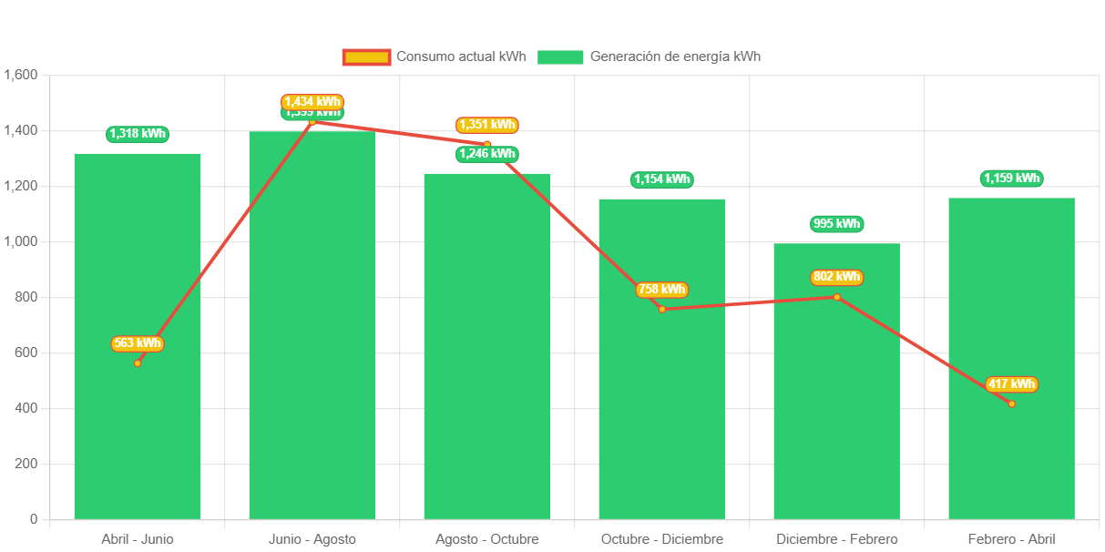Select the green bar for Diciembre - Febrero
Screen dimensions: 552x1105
pos(836,410)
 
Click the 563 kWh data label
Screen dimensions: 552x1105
pos(138,343)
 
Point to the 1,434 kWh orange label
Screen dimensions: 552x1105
pos(312,101)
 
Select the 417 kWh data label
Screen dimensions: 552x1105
pos(1011,384)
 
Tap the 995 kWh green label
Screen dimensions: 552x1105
pos(836,223)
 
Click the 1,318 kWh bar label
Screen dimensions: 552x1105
pos(138,134)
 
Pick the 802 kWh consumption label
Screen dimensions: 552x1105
pos(836,277)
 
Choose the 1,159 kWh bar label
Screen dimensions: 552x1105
pos(1011,179)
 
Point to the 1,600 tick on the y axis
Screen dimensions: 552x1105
pos(20,75)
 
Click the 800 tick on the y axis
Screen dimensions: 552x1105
pos(26,297)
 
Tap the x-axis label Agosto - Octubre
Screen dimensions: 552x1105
pos(486,539)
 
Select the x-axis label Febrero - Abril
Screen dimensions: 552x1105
pos(1011,539)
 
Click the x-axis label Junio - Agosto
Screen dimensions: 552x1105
pos(312,539)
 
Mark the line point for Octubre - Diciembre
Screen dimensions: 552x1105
pos(662,310)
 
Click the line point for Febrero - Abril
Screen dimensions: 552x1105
pos(1011,404)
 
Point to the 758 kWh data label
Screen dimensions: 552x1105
pos(661,290)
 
